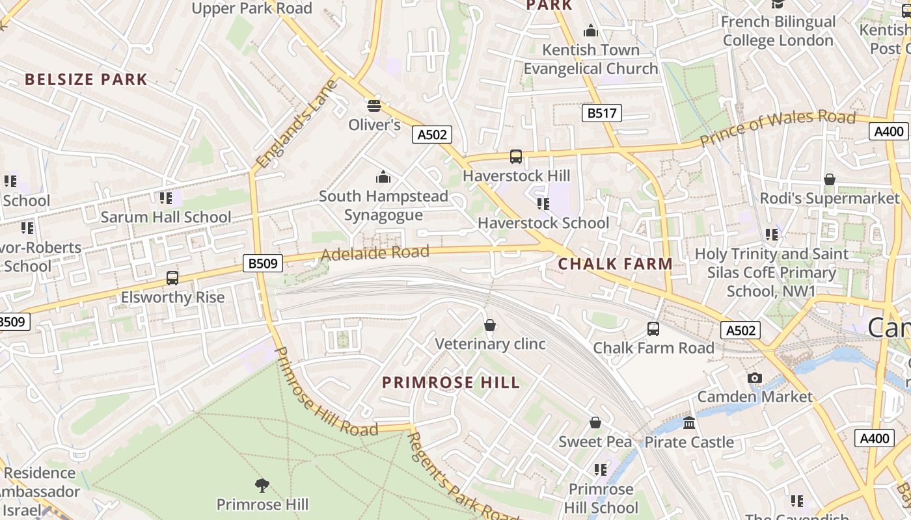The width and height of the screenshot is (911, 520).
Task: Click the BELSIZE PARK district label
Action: pos(86,79)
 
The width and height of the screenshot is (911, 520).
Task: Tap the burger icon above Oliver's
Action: pos(374,105)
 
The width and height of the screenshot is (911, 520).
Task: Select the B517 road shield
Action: pos(601,113)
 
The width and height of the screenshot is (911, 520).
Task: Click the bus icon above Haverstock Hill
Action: pos(515,157)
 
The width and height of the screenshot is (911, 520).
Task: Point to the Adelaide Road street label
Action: pos(375,253)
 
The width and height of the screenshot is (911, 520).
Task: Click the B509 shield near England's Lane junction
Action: pos(264,263)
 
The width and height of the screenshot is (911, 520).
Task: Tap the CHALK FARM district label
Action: pos(615,264)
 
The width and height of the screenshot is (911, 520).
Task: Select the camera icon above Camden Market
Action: pos(754,378)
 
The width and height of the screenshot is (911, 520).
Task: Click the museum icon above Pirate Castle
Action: pos(689,423)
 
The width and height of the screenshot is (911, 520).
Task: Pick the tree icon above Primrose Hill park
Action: pos(262,485)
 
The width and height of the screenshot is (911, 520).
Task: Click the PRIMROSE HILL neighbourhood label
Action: pos(451,382)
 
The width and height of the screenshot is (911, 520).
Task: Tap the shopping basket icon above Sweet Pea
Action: pos(595,423)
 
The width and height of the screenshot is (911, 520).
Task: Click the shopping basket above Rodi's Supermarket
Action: pos(829,179)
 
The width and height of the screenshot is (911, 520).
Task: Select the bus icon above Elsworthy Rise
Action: pos(172,278)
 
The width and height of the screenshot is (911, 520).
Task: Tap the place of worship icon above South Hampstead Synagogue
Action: pos(383,177)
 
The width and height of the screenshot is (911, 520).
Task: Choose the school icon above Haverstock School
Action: pos(543,204)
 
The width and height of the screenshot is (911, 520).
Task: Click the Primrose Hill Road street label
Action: pos(325,394)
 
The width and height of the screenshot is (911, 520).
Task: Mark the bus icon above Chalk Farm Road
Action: pos(653,329)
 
